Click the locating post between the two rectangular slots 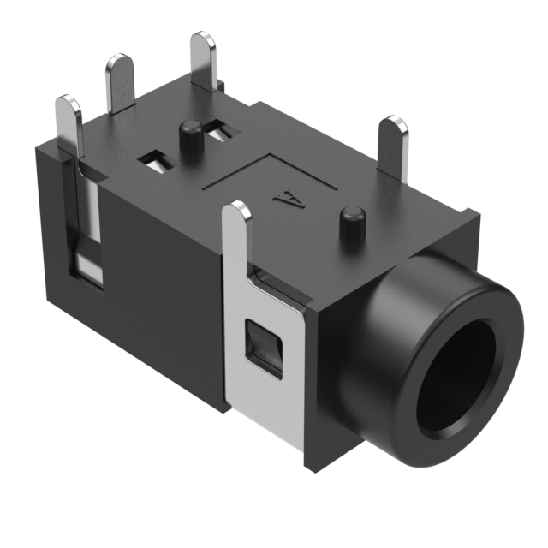click(190, 137)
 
